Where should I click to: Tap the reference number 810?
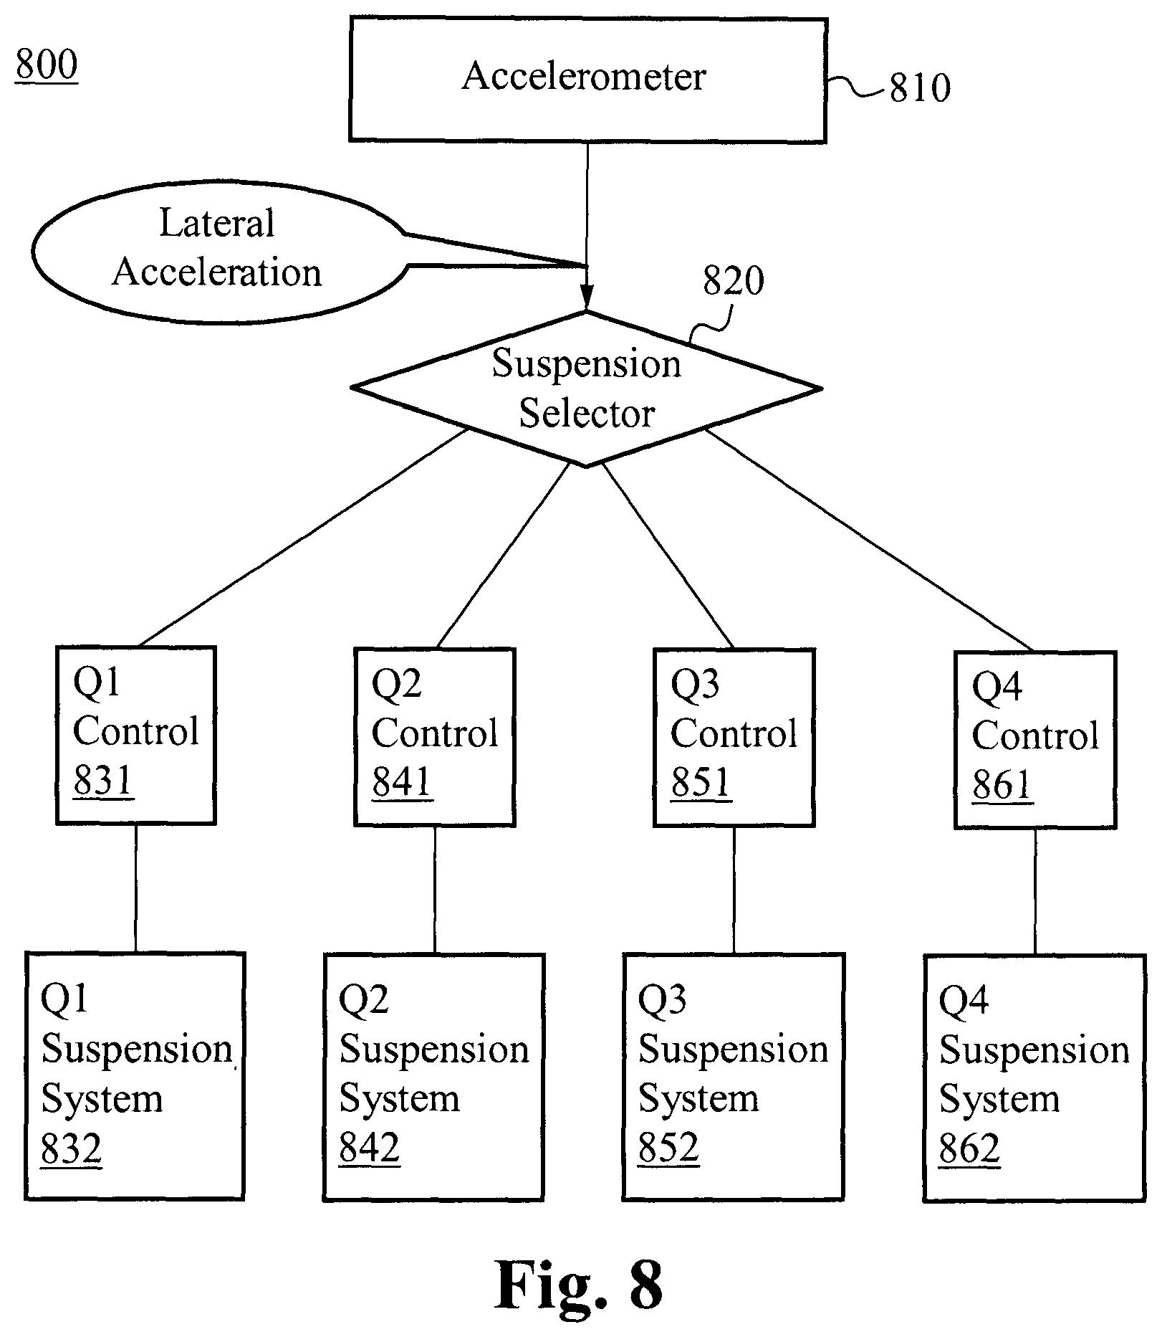point(920,89)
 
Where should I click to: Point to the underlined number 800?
point(46,65)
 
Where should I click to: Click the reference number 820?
point(733,281)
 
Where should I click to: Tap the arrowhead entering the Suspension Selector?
point(587,297)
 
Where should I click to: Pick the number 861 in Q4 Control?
point(1002,786)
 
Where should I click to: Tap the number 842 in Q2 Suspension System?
point(369,1148)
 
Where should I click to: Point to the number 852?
point(668,1148)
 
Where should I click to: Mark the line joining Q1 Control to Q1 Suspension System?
point(136,889)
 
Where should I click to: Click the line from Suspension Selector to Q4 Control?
point(869,539)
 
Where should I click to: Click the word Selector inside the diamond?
point(587,414)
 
